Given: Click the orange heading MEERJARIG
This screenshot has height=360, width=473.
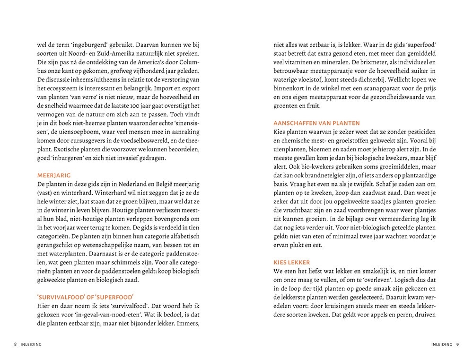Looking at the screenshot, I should coord(53,175).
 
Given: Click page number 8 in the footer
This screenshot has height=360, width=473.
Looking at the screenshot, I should coord(15,344).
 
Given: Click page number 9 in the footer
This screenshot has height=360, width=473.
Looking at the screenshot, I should coord(458,344).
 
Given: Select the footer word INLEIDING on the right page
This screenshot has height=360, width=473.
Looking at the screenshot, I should coord(438,344).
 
